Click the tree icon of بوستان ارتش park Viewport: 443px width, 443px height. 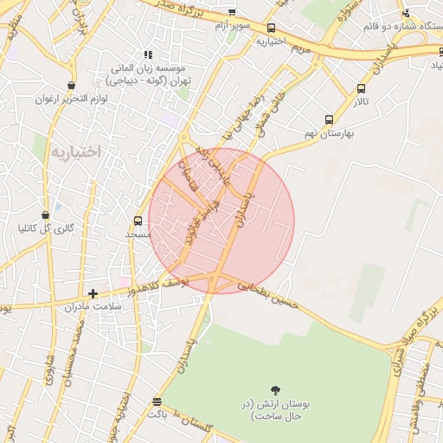[x=276, y=390]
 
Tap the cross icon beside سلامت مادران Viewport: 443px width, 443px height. [x=93, y=293]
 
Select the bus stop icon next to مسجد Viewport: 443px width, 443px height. [x=138, y=221]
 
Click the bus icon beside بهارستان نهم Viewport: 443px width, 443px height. [x=329, y=119]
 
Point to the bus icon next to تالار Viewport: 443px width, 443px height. [x=361, y=87]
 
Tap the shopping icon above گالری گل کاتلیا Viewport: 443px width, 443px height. [x=45, y=215]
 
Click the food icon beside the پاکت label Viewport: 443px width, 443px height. [x=157, y=401]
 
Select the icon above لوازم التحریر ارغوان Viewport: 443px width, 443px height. [x=70, y=85]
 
